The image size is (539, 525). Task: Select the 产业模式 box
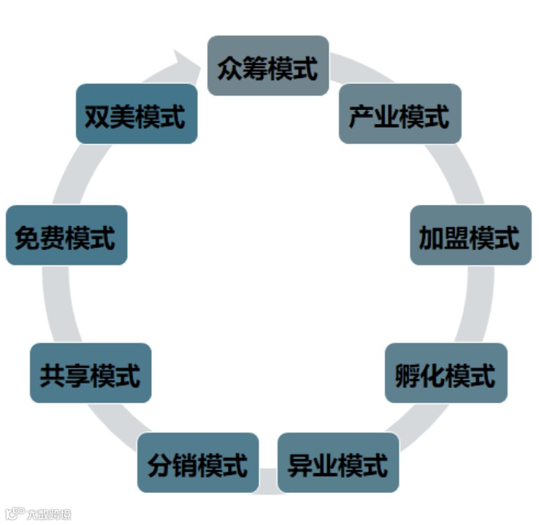coord(400,114)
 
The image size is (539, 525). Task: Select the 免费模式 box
coord(66,235)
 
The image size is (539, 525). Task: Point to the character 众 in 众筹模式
coord(230,68)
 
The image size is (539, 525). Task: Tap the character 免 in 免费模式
coord(28,236)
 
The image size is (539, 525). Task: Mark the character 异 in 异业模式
coord(300,464)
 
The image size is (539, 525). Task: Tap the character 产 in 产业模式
coord(362,116)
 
